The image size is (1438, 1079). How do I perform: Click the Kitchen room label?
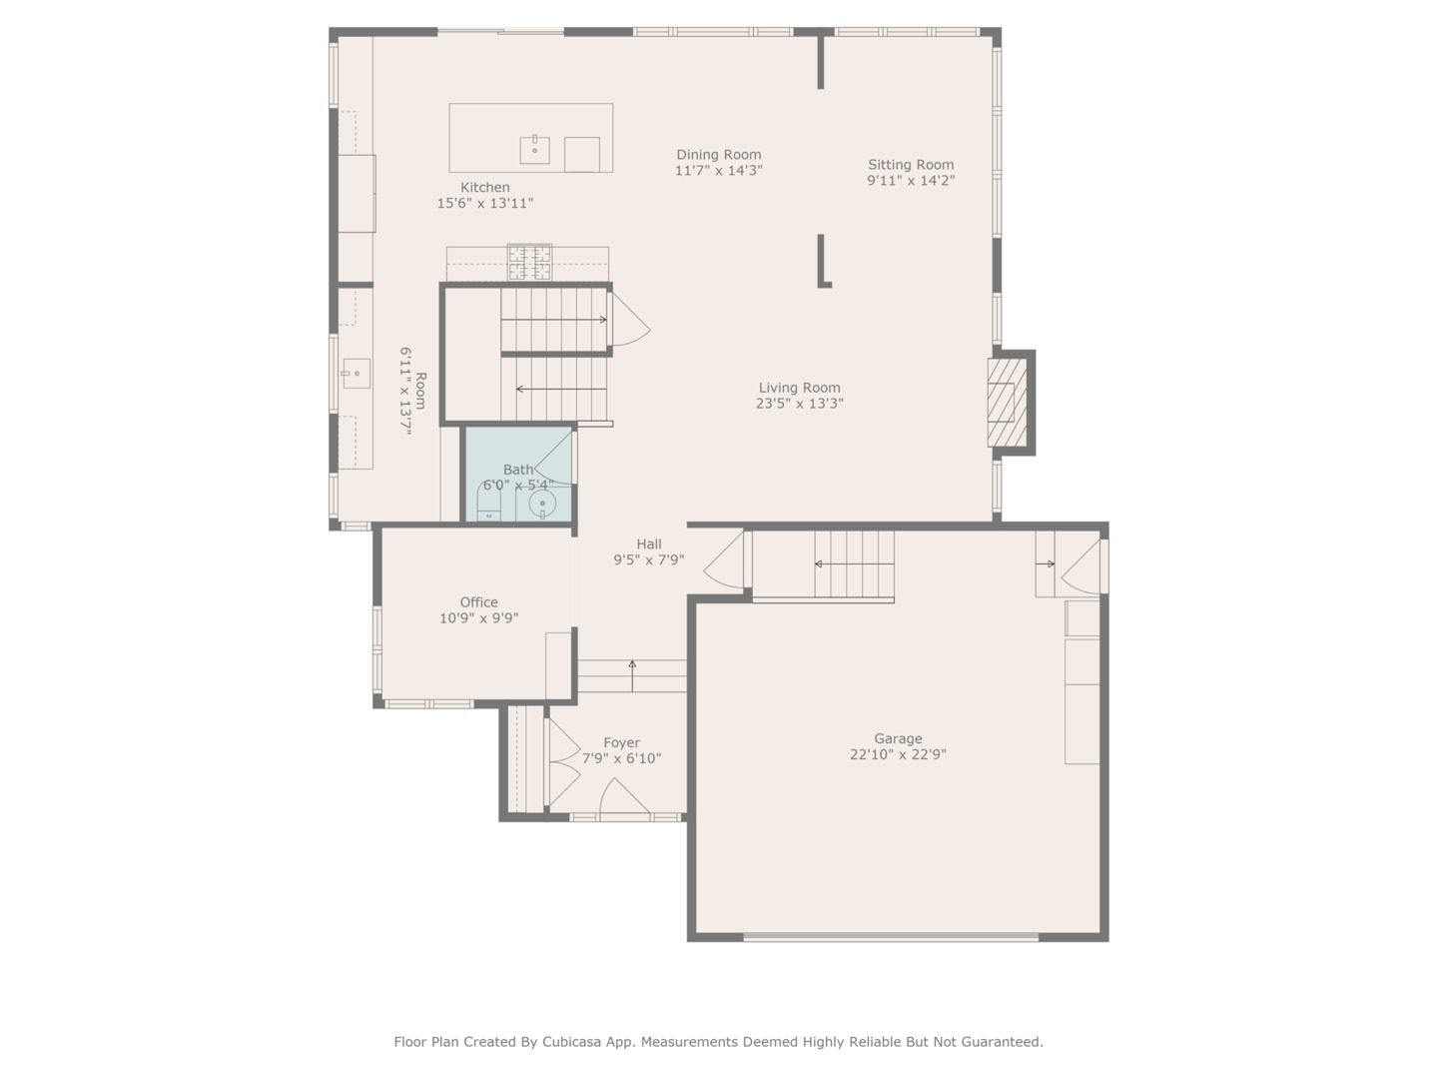485,188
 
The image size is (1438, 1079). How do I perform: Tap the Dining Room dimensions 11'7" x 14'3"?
718,171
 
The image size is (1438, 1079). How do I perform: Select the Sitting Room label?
910,165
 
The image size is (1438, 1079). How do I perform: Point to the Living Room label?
799,388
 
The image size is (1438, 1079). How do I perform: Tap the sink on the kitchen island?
534,150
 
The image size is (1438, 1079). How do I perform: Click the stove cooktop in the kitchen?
529,263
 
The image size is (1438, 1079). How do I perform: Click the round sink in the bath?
542,503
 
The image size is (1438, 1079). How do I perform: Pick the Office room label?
478,602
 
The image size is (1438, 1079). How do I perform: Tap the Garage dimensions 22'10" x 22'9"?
898,755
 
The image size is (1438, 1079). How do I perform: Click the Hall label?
649,544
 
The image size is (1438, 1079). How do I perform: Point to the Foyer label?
621,742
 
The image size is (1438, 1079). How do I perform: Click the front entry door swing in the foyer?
623,796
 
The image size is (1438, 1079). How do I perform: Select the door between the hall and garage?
727,561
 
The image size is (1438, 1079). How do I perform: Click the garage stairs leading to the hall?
853,564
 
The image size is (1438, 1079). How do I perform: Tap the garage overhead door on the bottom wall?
891,937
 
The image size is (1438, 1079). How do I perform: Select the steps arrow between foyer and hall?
632,675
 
